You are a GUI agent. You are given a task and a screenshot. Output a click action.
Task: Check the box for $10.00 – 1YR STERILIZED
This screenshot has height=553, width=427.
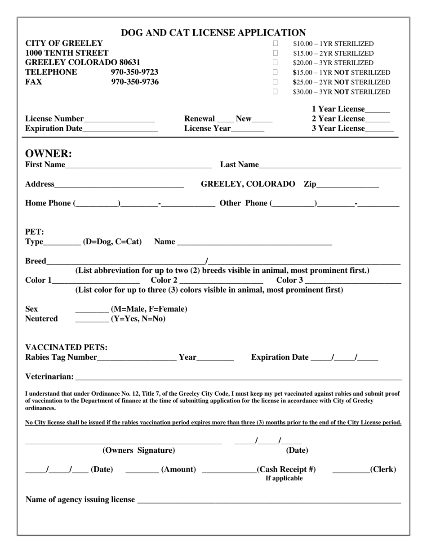click(x=276, y=44)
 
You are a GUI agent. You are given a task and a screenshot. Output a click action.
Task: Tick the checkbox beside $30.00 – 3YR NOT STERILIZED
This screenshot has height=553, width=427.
click(x=276, y=92)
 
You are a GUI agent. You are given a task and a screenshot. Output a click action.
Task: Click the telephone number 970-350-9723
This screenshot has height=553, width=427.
click(x=134, y=72)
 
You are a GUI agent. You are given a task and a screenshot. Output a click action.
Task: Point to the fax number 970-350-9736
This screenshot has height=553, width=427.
click(x=135, y=82)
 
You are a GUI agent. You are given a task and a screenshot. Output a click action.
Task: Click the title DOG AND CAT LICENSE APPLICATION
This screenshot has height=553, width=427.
click(x=213, y=33)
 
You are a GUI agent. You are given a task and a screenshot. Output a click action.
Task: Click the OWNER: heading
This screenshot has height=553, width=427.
click(x=49, y=154)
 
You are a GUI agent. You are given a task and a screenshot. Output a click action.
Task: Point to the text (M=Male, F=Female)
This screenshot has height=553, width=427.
click(x=149, y=309)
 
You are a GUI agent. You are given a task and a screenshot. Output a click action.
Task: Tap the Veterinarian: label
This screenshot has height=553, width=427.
click(x=49, y=377)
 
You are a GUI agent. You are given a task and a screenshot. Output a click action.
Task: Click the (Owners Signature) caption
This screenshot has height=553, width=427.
click(x=138, y=450)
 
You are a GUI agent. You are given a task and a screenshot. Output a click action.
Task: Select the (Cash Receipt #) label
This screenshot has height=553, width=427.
click(x=286, y=470)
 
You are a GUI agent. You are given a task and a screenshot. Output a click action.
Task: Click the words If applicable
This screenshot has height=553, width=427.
click(x=284, y=478)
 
